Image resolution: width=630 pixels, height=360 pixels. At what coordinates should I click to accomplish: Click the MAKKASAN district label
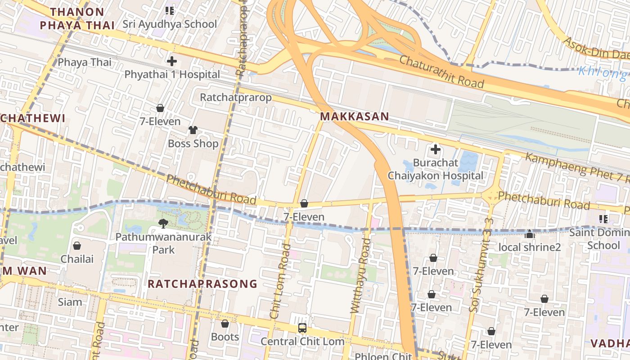coord(354,117)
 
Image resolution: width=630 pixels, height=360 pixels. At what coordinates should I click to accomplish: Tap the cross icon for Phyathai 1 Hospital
coord(171,61)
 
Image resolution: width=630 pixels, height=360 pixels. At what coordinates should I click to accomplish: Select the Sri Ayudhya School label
coord(170,24)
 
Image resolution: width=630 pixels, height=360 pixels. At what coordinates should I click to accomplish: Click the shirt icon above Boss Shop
coord(193,130)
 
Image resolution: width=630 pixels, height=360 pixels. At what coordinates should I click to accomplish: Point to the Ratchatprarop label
coord(236,98)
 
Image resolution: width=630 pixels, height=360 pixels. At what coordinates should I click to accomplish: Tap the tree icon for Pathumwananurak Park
coord(163,223)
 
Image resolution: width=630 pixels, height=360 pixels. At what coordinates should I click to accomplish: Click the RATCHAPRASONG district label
coord(202,284)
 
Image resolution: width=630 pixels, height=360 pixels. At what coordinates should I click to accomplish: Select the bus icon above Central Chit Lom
coord(302,328)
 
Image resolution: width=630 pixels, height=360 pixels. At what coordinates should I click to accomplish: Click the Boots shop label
coord(225,337)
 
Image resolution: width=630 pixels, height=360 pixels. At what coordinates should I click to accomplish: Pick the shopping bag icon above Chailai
coord(77,246)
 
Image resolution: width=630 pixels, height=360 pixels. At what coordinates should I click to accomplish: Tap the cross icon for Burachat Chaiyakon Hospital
coord(435,149)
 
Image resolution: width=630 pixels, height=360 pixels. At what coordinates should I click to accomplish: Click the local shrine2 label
coord(530,247)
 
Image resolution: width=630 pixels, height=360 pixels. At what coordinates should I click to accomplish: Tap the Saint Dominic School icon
coord(603,219)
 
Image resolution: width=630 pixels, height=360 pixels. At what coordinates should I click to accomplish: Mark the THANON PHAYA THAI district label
coord(77,18)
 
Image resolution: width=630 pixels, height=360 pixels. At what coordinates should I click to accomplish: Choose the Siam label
coord(70,302)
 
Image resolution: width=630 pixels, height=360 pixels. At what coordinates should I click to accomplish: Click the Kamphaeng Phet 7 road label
coord(576,166)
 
